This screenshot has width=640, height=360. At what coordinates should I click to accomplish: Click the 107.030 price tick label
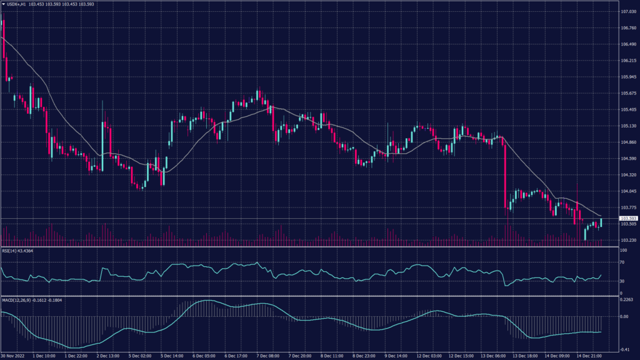621,12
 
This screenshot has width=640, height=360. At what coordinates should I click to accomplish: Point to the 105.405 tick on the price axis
621,109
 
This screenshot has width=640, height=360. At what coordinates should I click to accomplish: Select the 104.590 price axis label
621,159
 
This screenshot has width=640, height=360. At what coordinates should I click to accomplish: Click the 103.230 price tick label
621,240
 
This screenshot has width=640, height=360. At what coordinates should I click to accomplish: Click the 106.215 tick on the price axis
621,61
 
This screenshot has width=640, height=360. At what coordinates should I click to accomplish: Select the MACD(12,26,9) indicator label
16,300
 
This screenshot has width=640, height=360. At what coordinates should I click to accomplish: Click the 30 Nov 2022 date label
12,356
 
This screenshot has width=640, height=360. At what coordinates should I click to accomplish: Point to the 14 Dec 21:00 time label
589,356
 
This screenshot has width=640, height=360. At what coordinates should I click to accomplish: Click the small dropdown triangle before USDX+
3,4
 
